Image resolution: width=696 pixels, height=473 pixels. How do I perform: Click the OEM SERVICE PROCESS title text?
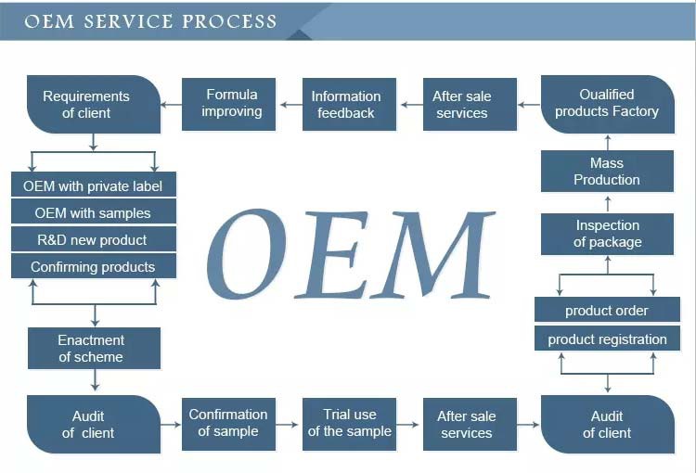(x=150, y=21)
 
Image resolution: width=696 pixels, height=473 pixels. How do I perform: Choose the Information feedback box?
(x=346, y=104)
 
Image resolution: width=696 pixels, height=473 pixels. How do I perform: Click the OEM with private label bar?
(x=93, y=185)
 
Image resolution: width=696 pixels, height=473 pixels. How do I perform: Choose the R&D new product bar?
(x=93, y=239)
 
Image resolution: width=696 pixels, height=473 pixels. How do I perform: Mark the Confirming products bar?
(x=93, y=266)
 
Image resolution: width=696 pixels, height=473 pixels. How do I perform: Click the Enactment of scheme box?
(x=93, y=349)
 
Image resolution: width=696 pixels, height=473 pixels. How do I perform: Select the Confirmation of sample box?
(x=228, y=423)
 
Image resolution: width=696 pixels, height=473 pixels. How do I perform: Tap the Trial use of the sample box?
(x=350, y=423)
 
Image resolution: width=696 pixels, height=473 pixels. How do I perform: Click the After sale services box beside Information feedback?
(x=461, y=104)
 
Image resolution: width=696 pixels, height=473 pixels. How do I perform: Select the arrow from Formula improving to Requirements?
(x=172, y=104)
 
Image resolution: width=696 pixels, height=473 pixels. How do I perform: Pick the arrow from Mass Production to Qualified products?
(x=607, y=142)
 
